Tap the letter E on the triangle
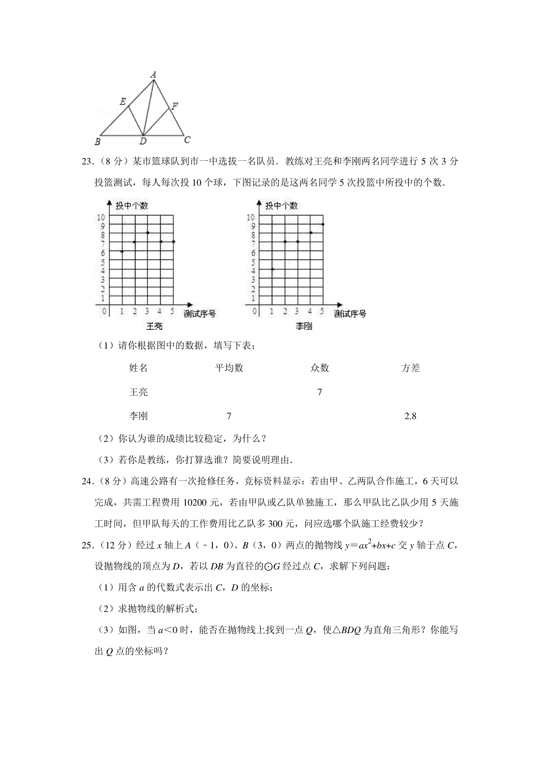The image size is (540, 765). pyautogui.click(x=122, y=102)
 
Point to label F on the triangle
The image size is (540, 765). pyautogui.click(x=175, y=106)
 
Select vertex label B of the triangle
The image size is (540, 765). pyautogui.click(x=98, y=142)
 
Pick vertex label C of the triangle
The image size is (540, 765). pyautogui.click(x=187, y=140)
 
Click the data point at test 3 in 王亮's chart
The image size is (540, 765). pyautogui.click(x=148, y=233)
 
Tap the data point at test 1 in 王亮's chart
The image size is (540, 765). pyautogui.click(x=122, y=251)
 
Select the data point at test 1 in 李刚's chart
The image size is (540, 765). pyautogui.click(x=272, y=269)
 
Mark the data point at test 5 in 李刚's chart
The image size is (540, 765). pyautogui.click(x=323, y=224)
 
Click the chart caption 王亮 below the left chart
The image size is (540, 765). pyautogui.click(x=154, y=326)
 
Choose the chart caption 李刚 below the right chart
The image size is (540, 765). pyautogui.click(x=304, y=326)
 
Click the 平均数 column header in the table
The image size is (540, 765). pyautogui.click(x=229, y=368)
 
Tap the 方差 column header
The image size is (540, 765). pyautogui.click(x=410, y=368)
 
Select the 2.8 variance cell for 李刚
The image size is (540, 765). pyautogui.click(x=410, y=416)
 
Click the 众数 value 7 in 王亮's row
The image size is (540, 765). pyautogui.click(x=319, y=392)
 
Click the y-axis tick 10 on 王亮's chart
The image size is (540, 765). pyautogui.click(x=100, y=218)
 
